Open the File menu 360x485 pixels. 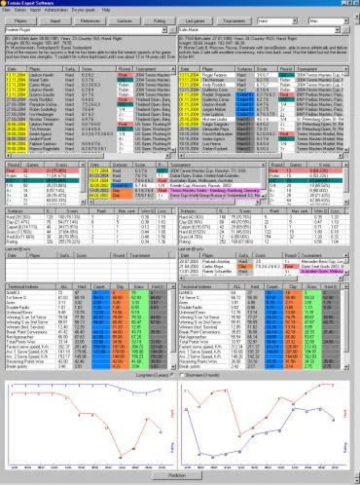coord(7,12)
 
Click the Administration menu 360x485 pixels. coord(57,12)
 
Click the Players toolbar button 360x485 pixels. coord(18,20)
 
